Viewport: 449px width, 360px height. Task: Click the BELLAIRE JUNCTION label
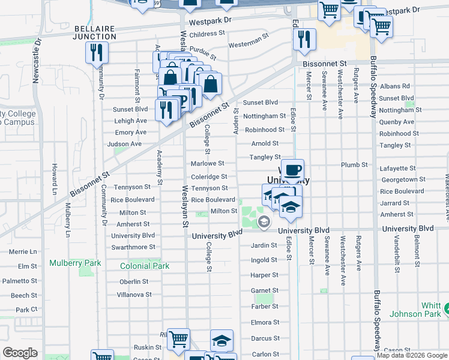click(95, 32)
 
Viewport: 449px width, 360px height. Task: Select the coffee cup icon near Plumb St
click(292, 170)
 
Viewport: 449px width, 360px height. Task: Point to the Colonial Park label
click(145, 266)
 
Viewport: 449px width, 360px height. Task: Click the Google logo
click(20, 353)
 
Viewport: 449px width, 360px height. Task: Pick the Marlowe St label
click(207, 163)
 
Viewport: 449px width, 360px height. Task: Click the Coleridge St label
click(209, 176)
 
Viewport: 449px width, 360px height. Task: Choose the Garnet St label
click(264, 290)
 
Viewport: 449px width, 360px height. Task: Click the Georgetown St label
click(402, 179)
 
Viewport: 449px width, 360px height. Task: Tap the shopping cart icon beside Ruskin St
click(178, 339)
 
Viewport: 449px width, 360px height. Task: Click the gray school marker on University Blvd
click(264, 223)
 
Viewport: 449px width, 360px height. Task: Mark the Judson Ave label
click(124, 144)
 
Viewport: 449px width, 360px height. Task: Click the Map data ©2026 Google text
click(412, 355)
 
